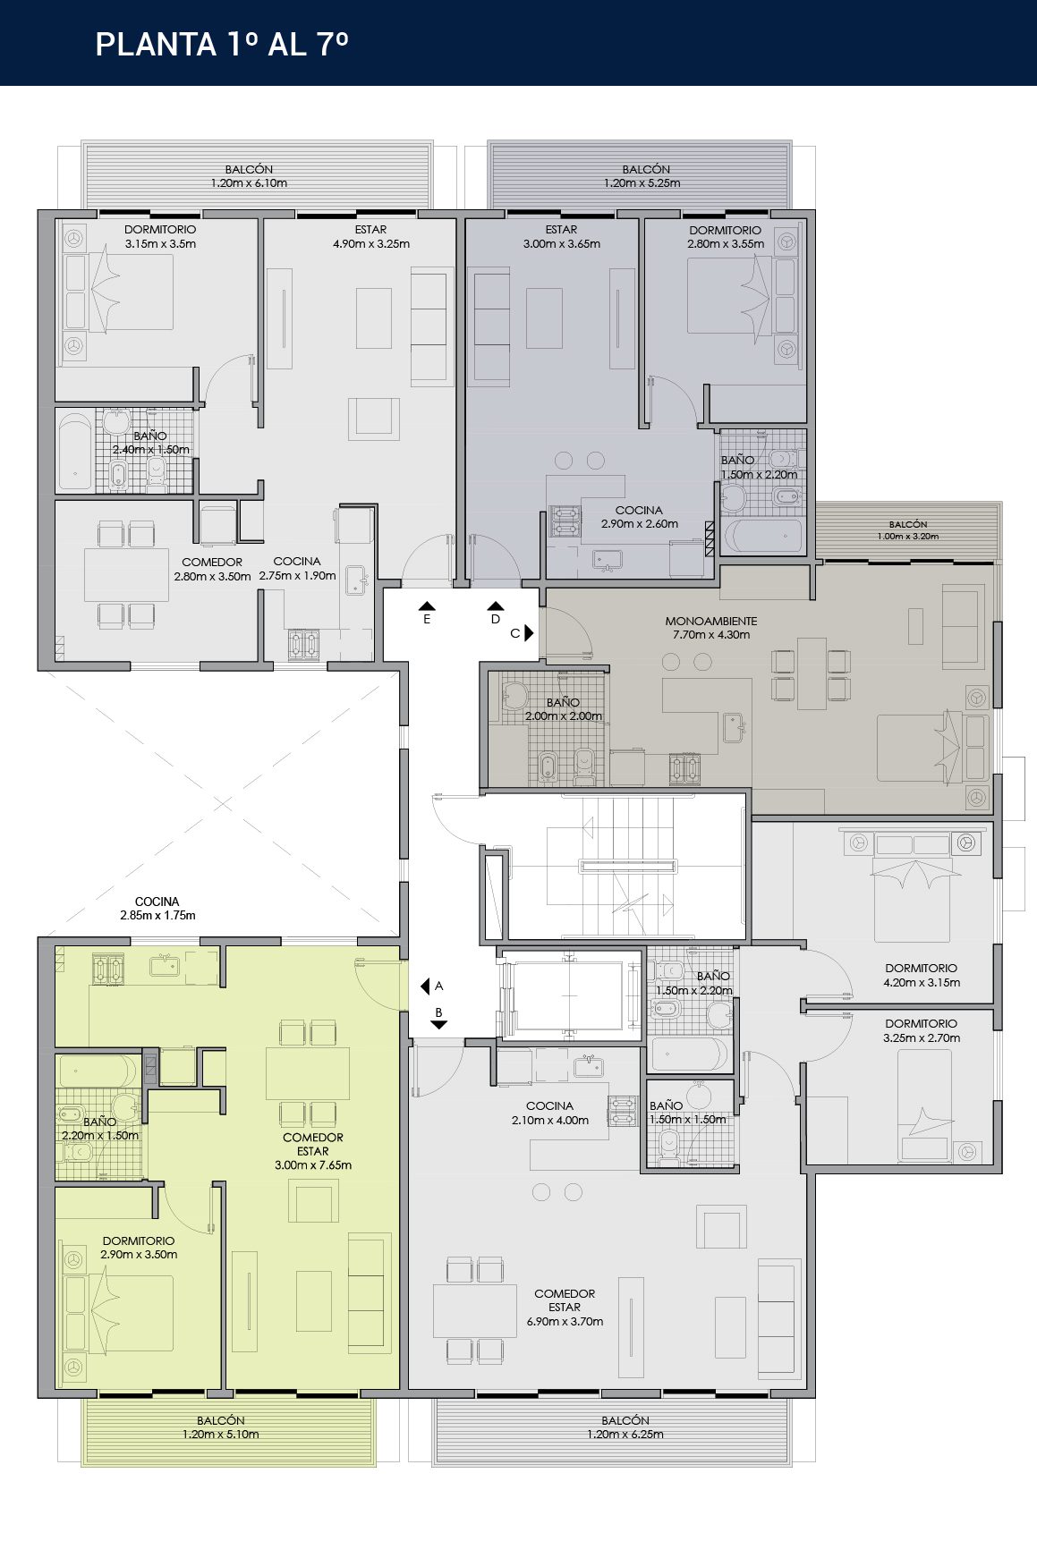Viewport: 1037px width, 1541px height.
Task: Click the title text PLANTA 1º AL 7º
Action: point(222,44)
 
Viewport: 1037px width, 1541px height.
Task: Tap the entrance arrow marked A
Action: point(426,986)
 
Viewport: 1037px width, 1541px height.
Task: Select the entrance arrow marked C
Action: point(529,632)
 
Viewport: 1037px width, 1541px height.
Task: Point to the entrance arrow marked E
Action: point(427,605)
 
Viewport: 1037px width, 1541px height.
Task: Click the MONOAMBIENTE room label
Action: point(711,621)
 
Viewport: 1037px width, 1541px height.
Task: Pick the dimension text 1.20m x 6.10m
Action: point(249,183)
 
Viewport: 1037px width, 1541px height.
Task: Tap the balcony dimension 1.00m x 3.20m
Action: point(908,537)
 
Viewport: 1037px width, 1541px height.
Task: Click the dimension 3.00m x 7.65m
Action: point(313,1165)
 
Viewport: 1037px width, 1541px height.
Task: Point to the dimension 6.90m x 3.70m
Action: point(565,1321)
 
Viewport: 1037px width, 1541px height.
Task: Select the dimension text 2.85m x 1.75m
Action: point(157,916)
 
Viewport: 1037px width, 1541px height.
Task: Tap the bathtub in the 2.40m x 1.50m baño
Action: point(76,452)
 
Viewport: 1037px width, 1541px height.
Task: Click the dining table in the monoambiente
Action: point(812,673)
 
